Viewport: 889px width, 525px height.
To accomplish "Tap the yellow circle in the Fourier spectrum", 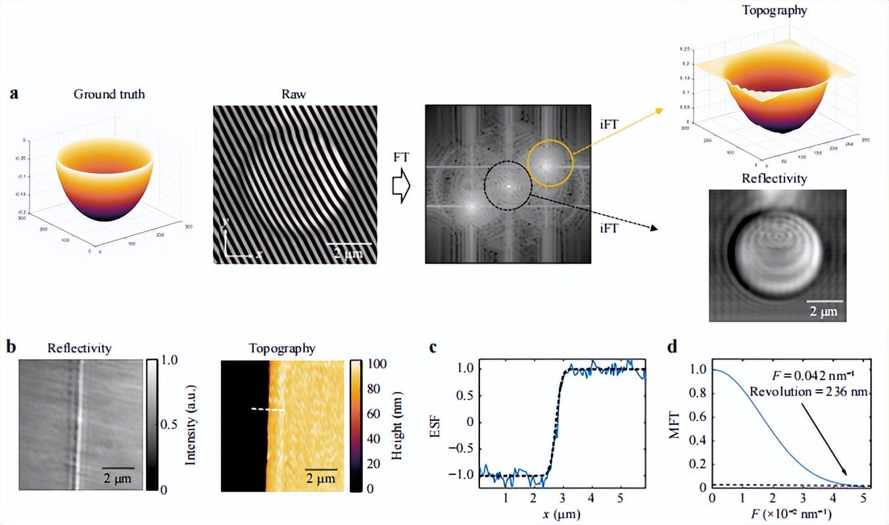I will tap(548, 164).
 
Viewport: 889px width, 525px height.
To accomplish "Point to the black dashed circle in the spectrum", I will tap(508, 187).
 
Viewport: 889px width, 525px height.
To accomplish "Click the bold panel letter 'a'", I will tap(14, 93).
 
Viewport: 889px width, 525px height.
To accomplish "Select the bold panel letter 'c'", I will tap(433, 347).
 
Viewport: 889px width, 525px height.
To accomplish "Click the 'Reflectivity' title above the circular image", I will tap(774, 178).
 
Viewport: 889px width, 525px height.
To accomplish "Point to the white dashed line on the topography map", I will tap(268, 409).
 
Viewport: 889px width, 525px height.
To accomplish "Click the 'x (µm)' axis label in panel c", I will tap(562, 512).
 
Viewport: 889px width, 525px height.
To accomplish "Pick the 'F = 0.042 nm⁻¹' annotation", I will tap(814, 377).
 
